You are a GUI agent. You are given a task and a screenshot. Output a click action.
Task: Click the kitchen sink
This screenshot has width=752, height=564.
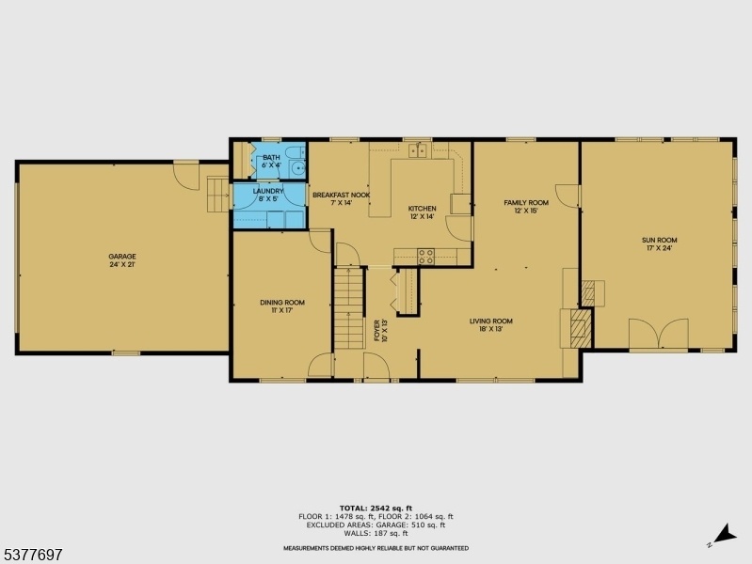(418, 150)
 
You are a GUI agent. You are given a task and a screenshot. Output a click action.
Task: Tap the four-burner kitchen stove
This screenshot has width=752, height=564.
(425, 257)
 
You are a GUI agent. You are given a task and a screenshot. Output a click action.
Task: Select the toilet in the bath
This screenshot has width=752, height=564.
(294, 153)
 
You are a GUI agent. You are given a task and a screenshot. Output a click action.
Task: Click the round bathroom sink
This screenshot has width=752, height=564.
(299, 168)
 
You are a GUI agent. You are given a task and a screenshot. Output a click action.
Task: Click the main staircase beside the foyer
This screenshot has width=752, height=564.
(348, 308)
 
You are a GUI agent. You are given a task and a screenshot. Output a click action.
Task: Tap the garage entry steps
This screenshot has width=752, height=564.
(218, 194)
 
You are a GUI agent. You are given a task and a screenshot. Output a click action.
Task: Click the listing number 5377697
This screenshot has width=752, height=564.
(32, 555)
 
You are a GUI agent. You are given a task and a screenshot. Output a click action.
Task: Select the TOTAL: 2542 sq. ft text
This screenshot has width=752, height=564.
(376, 508)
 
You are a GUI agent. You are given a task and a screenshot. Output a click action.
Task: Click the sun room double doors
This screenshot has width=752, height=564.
(659, 334)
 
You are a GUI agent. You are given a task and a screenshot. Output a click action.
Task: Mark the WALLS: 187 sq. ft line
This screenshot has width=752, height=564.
(376, 533)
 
